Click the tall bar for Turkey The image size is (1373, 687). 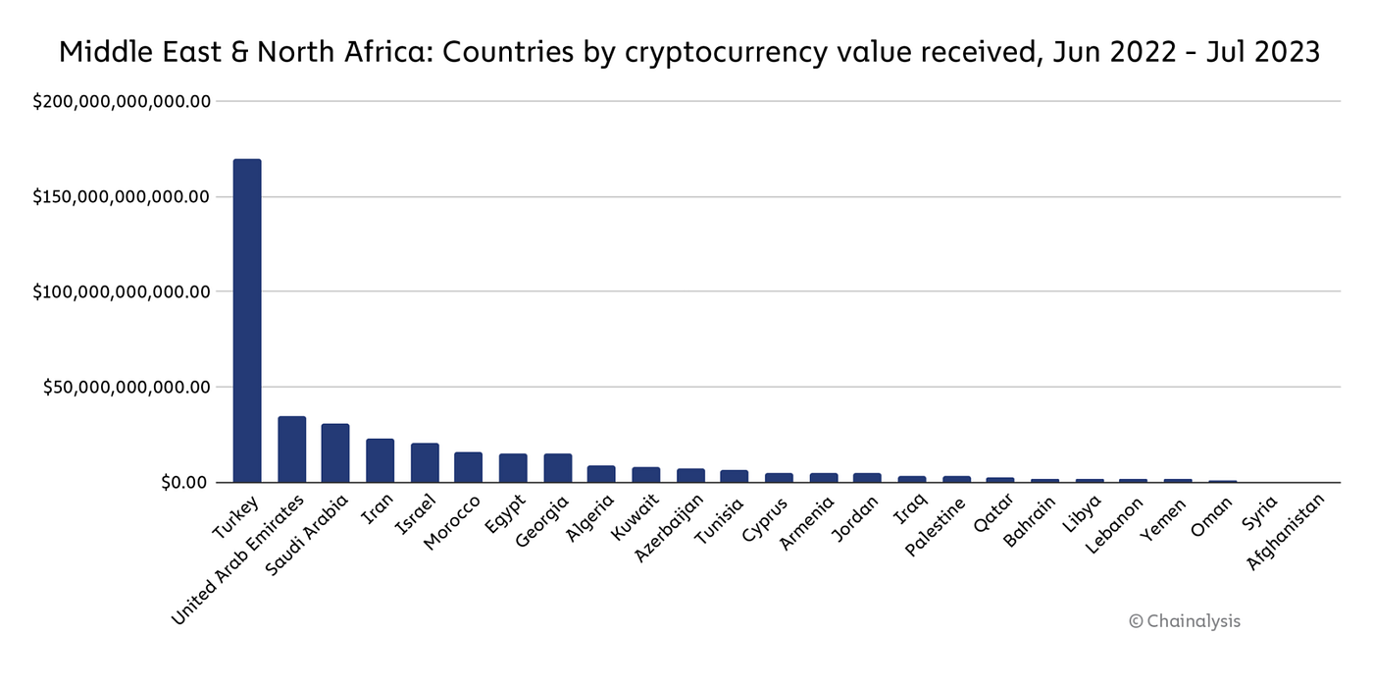pos(246,320)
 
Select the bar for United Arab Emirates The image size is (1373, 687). pos(291,449)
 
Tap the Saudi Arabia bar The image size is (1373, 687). pos(335,452)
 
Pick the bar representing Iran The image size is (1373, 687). pos(380,460)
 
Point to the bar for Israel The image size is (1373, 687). pos(424,462)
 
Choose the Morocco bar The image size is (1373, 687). pos(468,467)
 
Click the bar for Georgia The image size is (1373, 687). pos(557,468)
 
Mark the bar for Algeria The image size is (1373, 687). pos(601,474)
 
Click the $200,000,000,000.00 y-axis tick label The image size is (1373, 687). pos(123,101)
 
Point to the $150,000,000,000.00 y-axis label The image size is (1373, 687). pos(123,196)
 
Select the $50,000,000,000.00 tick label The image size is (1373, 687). pos(127,387)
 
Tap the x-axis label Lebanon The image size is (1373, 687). pos(1116,525)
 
